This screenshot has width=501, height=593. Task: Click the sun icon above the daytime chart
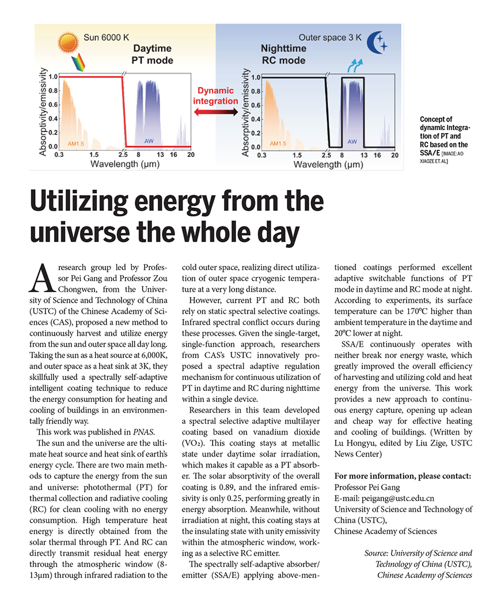(67, 42)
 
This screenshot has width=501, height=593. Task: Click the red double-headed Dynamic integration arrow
(216, 112)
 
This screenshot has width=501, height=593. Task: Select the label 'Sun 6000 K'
(108, 38)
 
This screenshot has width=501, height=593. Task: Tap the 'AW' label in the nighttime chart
(352, 141)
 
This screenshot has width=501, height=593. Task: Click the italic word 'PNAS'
(143, 432)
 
